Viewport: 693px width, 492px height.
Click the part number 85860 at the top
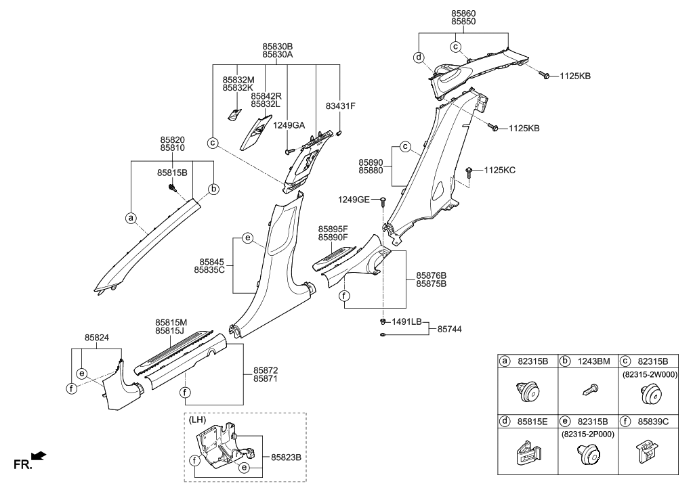point(464,13)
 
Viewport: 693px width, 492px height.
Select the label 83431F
point(341,106)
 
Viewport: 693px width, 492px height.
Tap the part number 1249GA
point(289,125)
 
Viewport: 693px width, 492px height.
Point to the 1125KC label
point(499,170)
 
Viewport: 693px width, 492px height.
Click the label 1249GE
point(354,199)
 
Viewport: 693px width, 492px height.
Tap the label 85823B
point(285,457)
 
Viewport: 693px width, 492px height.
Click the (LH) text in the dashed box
point(199,420)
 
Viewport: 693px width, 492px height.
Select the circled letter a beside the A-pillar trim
point(130,218)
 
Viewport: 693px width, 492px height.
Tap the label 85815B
point(173,173)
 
